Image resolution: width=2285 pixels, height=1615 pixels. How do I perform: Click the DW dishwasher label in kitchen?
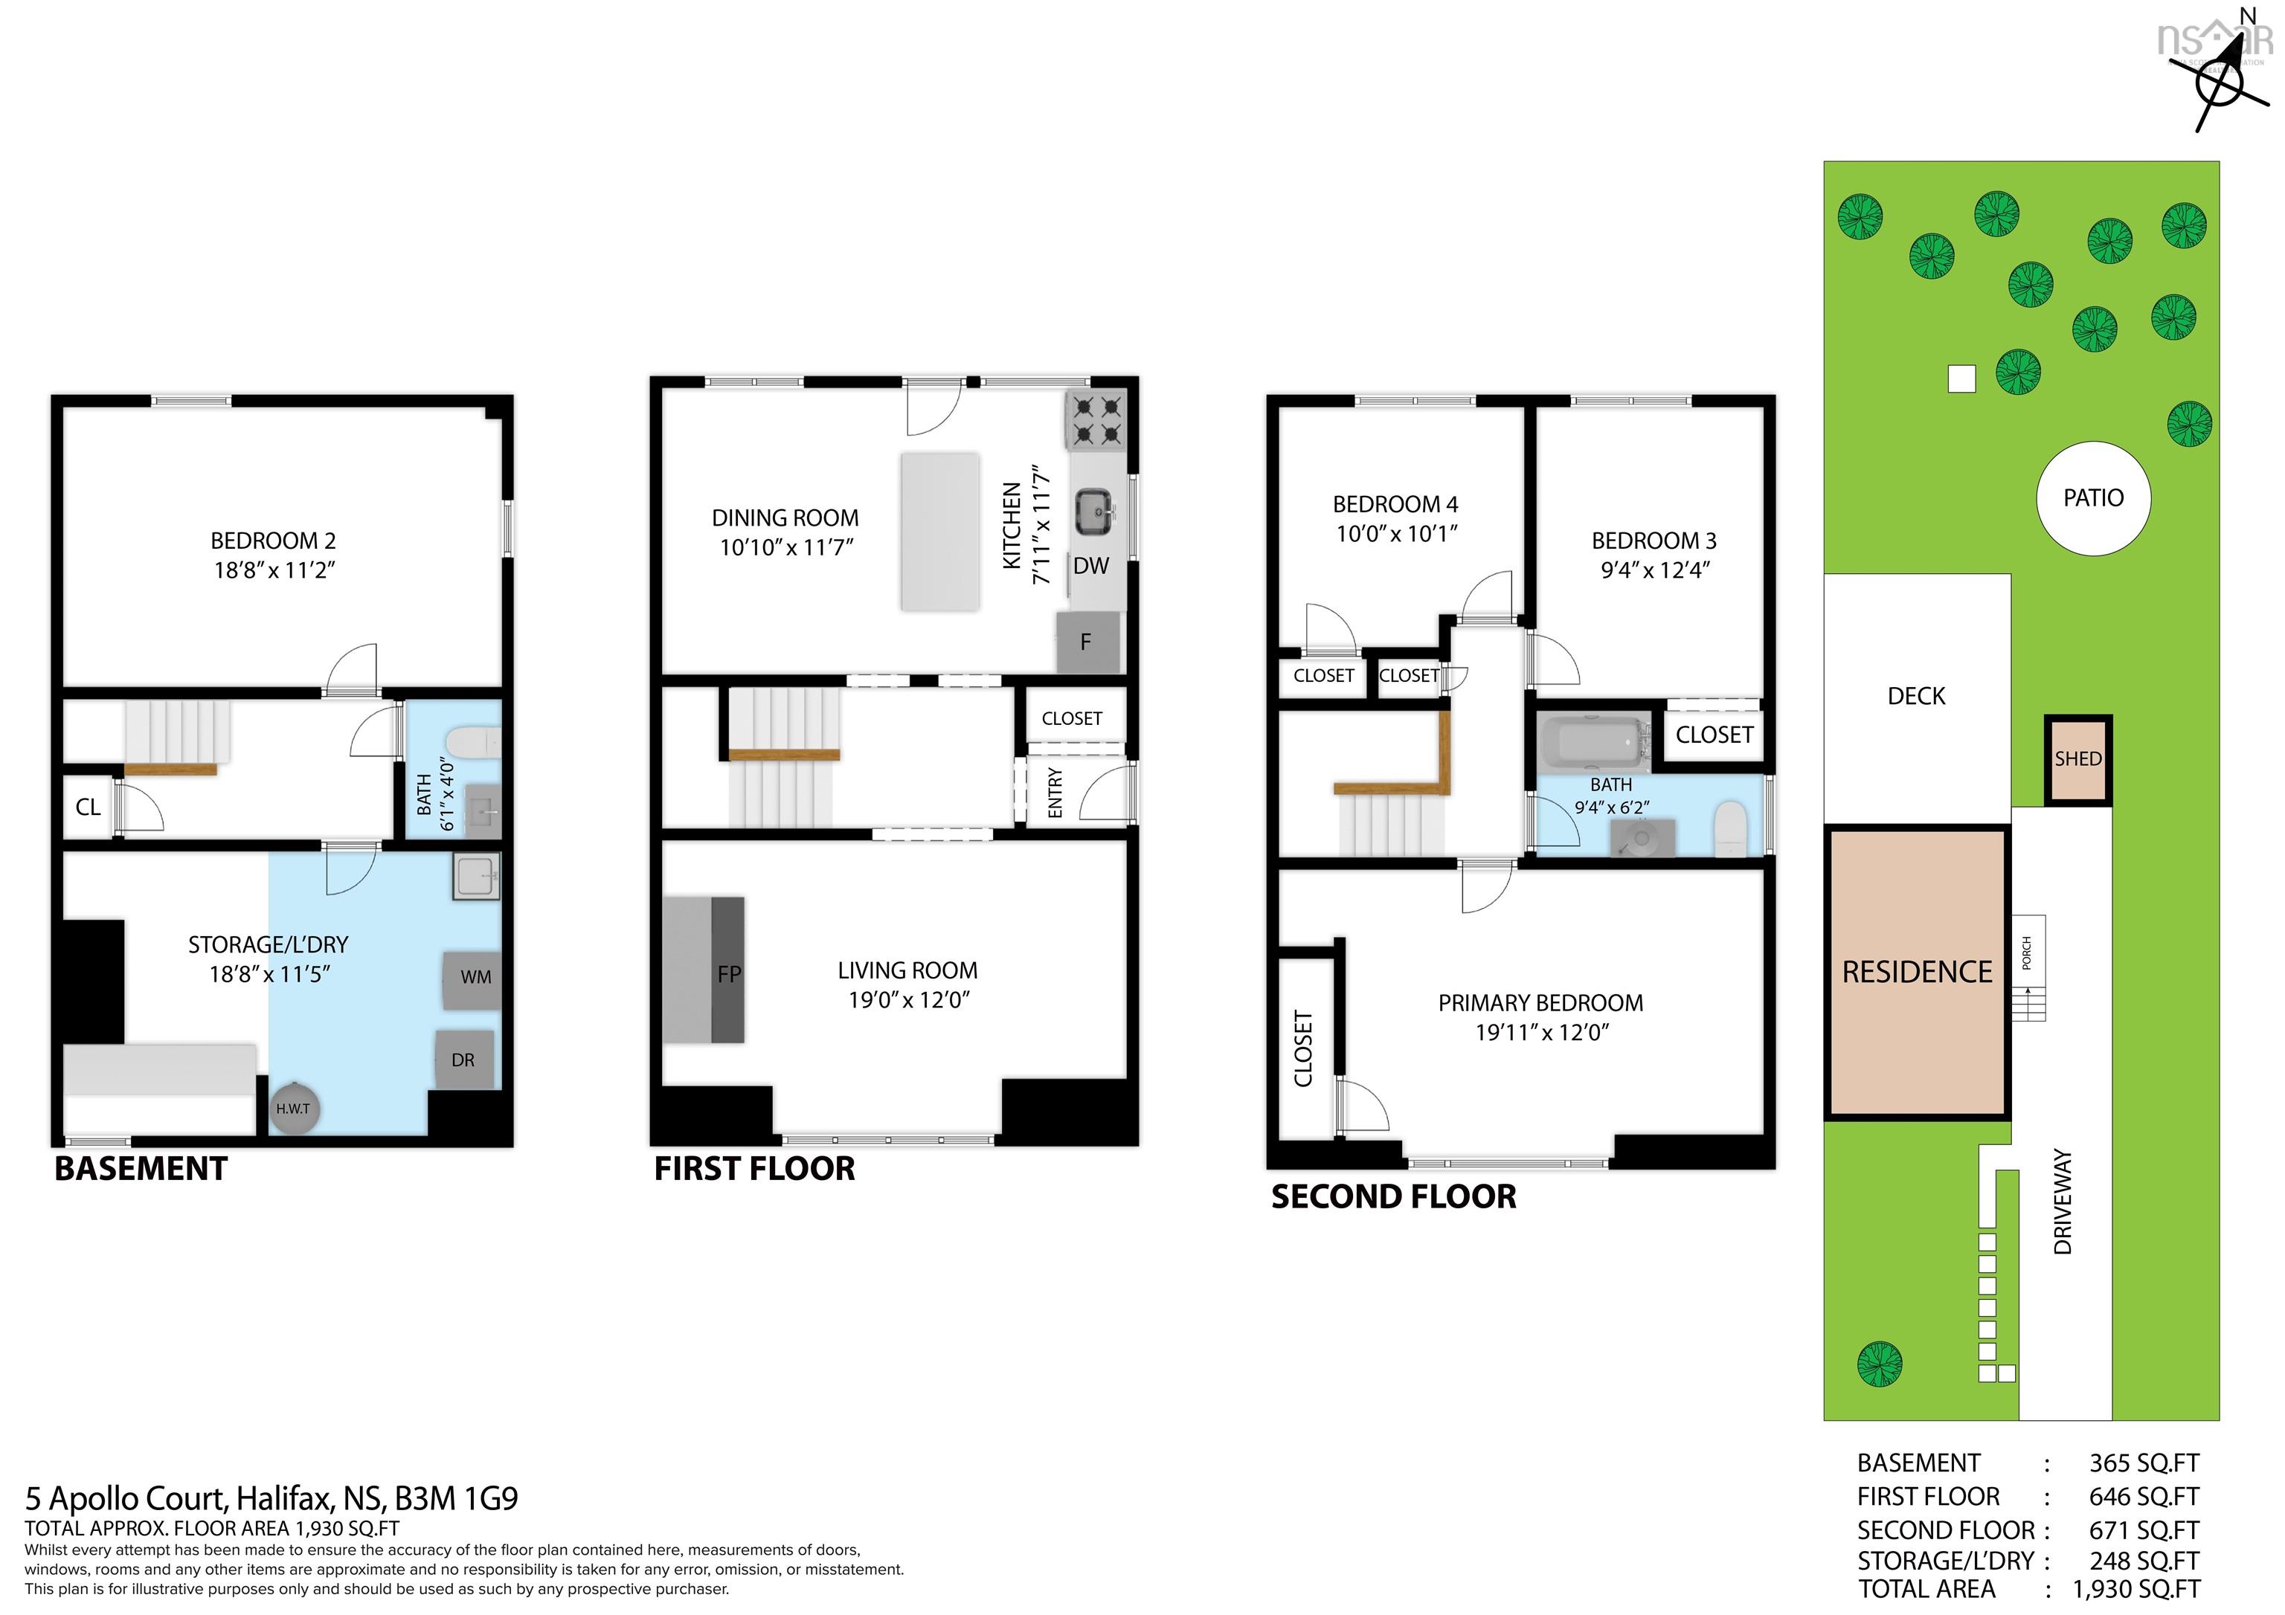(x=1090, y=566)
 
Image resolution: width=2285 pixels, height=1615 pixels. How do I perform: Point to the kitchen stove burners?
(x=1095, y=420)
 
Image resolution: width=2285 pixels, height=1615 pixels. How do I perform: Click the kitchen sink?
(x=1096, y=512)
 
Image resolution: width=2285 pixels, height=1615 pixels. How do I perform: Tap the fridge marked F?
(x=1087, y=642)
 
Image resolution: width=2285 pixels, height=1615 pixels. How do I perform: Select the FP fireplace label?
(x=730, y=974)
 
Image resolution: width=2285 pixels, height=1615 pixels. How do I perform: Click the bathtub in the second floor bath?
(x=1596, y=742)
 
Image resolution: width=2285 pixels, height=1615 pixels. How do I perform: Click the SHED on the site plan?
(x=2079, y=759)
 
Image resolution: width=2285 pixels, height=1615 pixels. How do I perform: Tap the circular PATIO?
(x=2093, y=497)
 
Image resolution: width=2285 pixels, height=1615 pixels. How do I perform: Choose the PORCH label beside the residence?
(x=2026, y=953)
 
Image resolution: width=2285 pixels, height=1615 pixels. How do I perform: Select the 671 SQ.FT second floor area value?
(x=2144, y=1530)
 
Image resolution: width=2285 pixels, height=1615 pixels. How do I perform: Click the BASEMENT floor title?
(x=141, y=1168)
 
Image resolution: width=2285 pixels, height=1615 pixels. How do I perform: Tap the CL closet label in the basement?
(x=88, y=807)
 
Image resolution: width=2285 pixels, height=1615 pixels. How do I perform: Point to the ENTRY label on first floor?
(x=1055, y=793)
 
